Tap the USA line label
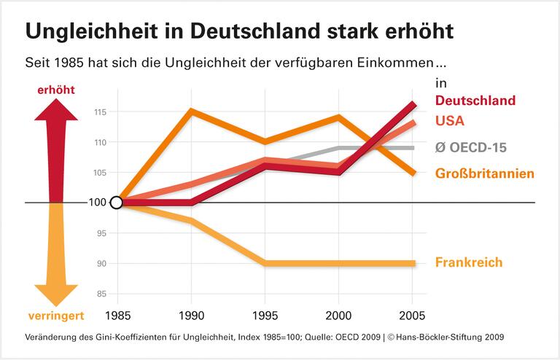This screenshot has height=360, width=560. pos(450,121)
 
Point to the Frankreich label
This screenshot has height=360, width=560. pos(468,262)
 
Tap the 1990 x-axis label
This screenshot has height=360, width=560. pos(190,317)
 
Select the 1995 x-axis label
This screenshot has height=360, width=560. pos(265,317)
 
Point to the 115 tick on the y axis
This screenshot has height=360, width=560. pos(101,112)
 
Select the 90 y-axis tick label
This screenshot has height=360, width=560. pos(102,263)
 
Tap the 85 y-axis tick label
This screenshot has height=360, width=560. pos(102,294)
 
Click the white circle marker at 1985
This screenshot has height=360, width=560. pos(115,203)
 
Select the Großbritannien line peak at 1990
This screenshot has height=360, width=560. pos(190,111)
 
